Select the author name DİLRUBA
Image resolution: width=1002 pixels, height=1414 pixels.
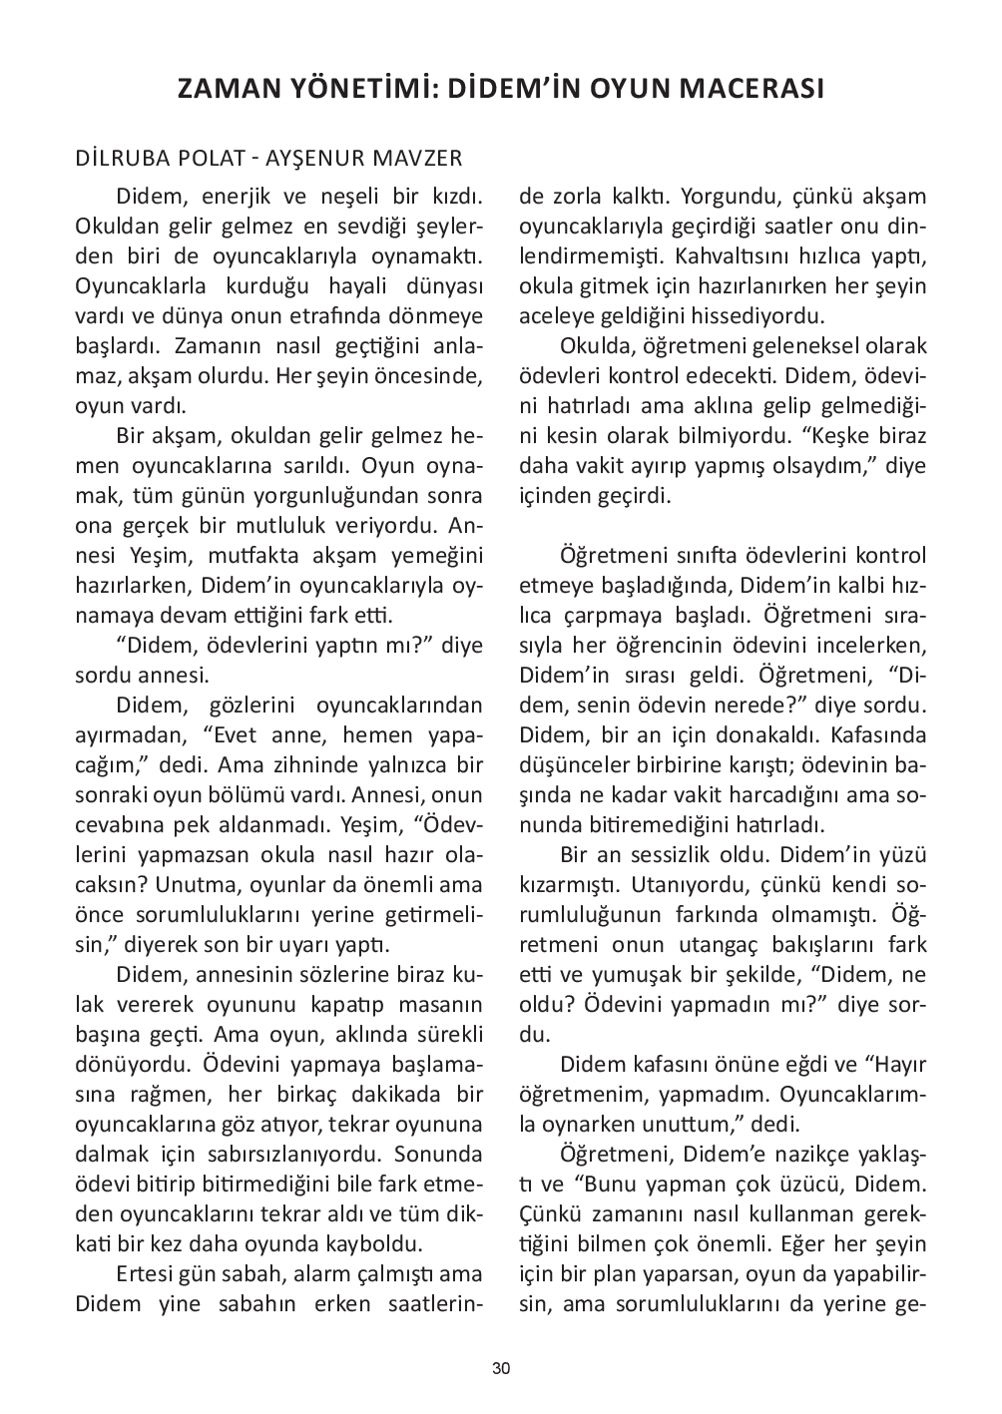pyautogui.click(x=123, y=159)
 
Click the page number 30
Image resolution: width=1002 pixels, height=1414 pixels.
pyautogui.click(x=501, y=1368)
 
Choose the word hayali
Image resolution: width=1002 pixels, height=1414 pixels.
pyautogui.click(x=356, y=286)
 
